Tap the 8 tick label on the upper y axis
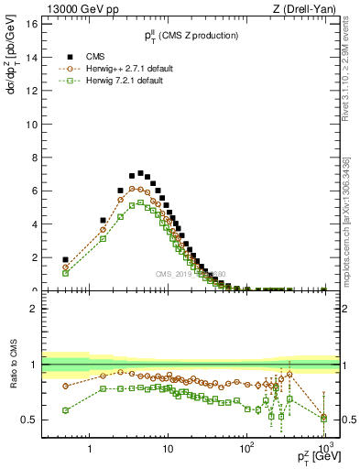click(33, 158)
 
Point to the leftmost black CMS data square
click(65, 260)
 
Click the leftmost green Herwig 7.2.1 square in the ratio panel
click(65, 410)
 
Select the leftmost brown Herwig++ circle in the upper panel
click(65, 267)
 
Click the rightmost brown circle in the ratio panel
click(323, 417)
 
